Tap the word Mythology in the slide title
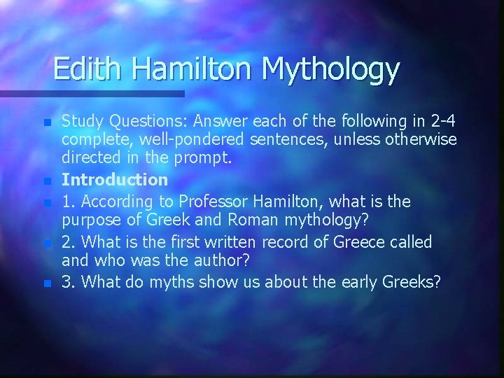(330, 69)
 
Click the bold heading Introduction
(115, 180)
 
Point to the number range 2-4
(441, 121)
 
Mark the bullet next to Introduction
(47, 181)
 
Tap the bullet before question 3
(47, 284)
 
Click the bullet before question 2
(47, 244)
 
